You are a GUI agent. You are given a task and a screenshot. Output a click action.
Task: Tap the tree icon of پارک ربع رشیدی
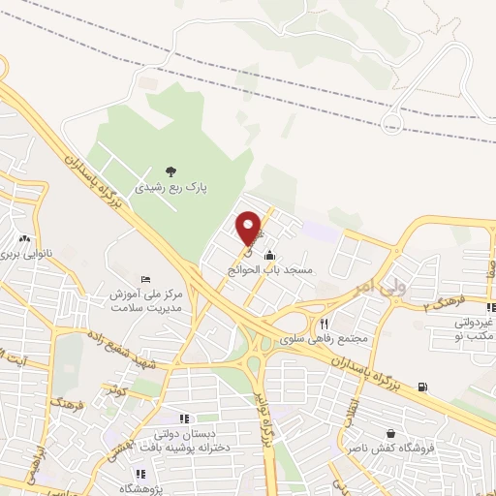pos(171,172)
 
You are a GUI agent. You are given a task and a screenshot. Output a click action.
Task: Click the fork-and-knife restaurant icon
pos(325,324)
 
